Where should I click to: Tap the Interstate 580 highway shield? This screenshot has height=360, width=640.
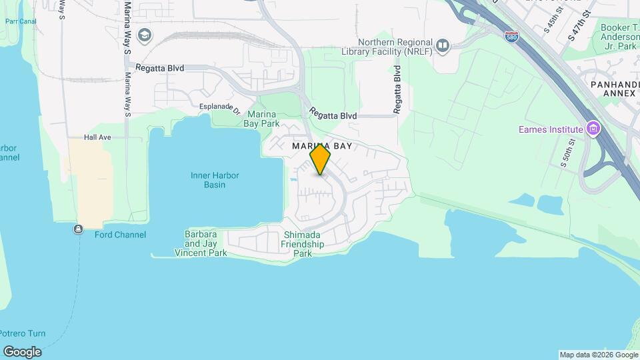511,35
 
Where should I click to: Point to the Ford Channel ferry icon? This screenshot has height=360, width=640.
79,230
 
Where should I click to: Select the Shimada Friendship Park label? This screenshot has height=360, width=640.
303,244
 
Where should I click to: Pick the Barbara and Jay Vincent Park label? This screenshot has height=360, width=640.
201,244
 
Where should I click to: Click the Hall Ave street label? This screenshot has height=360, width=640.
97,137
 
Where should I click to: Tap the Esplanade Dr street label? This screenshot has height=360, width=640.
219,107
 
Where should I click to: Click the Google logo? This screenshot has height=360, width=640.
22,352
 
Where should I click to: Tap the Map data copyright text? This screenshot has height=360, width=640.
597,355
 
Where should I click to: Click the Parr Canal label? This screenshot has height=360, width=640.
20,21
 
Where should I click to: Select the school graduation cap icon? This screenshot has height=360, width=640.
144,35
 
